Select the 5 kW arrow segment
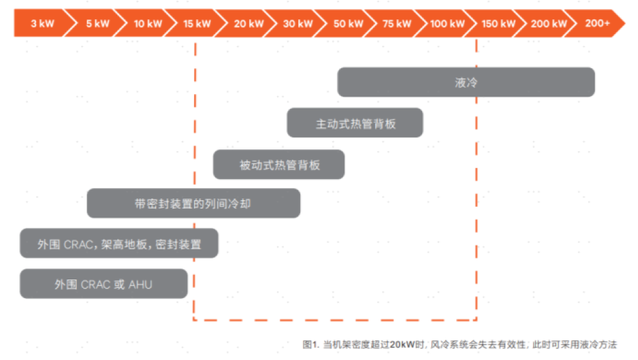coord(96,23)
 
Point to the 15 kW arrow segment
coord(197,23)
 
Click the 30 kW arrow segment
coord(297,23)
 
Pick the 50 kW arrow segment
coord(347,23)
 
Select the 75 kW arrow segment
coord(397,23)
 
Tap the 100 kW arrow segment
coord(447,23)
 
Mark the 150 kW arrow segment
coord(497,23)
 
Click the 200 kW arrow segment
coord(547,23)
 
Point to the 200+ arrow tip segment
coord(597,23)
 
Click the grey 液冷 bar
coord(466,82)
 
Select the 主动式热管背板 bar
coord(355,123)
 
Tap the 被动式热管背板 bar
coord(278,164)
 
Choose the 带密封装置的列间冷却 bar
coord(194,203)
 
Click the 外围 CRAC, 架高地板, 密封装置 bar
coord(119,243)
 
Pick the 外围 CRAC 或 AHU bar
coord(104,283)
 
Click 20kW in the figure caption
coord(402,345)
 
